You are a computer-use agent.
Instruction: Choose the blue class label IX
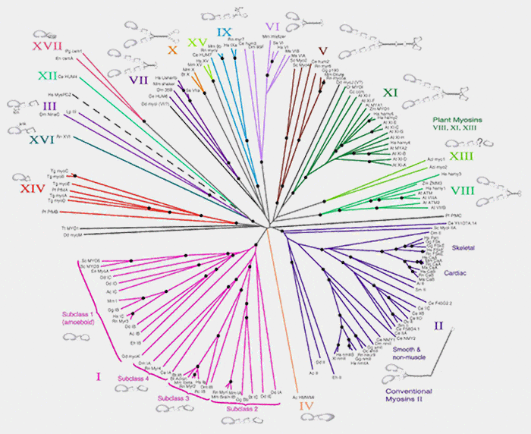(224, 32)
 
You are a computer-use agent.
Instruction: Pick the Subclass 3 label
(177, 396)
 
